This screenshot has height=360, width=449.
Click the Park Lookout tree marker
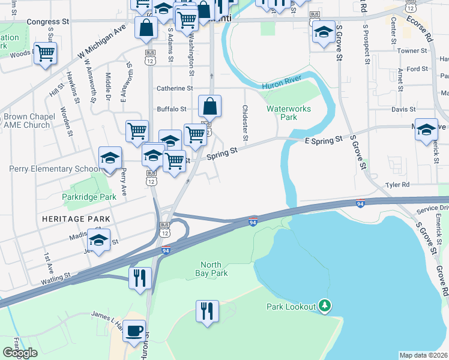(x=325, y=306)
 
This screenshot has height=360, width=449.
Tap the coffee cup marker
(x=134, y=331)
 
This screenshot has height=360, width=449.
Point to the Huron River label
(x=281, y=87)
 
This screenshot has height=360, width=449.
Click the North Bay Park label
(x=214, y=269)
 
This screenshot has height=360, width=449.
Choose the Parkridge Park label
(x=89, y=197)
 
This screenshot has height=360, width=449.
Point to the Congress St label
(x=48, y=21)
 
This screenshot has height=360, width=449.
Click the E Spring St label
(x=323, y=139)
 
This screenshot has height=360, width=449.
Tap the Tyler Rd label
(x=397, y=185)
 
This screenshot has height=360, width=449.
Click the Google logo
(x=20, y=353)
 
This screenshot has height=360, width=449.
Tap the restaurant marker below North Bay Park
(x=207, y=312)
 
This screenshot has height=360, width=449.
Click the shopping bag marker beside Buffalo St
(x=209, y=107)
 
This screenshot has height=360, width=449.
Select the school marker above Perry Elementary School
(x=110, y=158)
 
